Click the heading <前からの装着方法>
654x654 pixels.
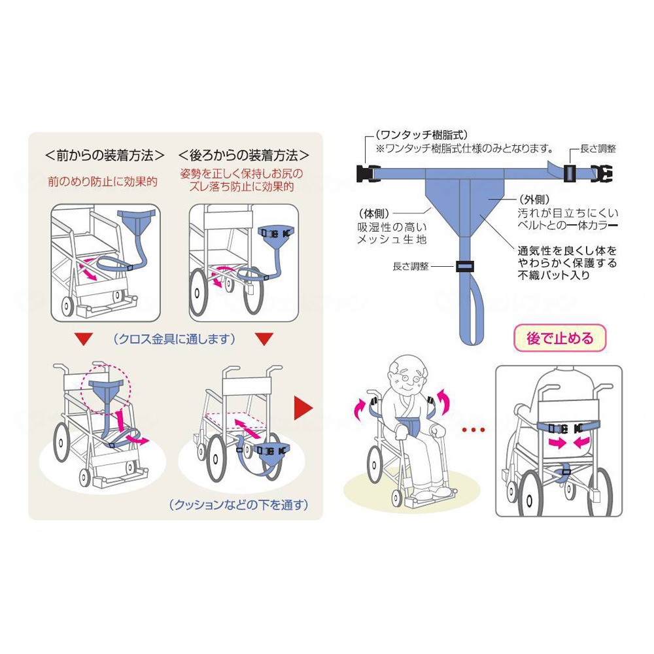pyautogui.click(x=105, y=156)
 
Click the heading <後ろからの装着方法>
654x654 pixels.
pyautogui.click(x=244, y=156)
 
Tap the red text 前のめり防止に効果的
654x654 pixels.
pyautogui.click(x=103, y=181)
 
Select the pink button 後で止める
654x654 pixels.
pyautogui.click(x=560, y=338)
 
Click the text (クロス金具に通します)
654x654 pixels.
pyautogui.click(x=174, y=339)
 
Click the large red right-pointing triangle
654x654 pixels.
pyautogui.click(x=302, y=407)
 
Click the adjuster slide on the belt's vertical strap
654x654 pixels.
pyautogui.click(x=465, y=266)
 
